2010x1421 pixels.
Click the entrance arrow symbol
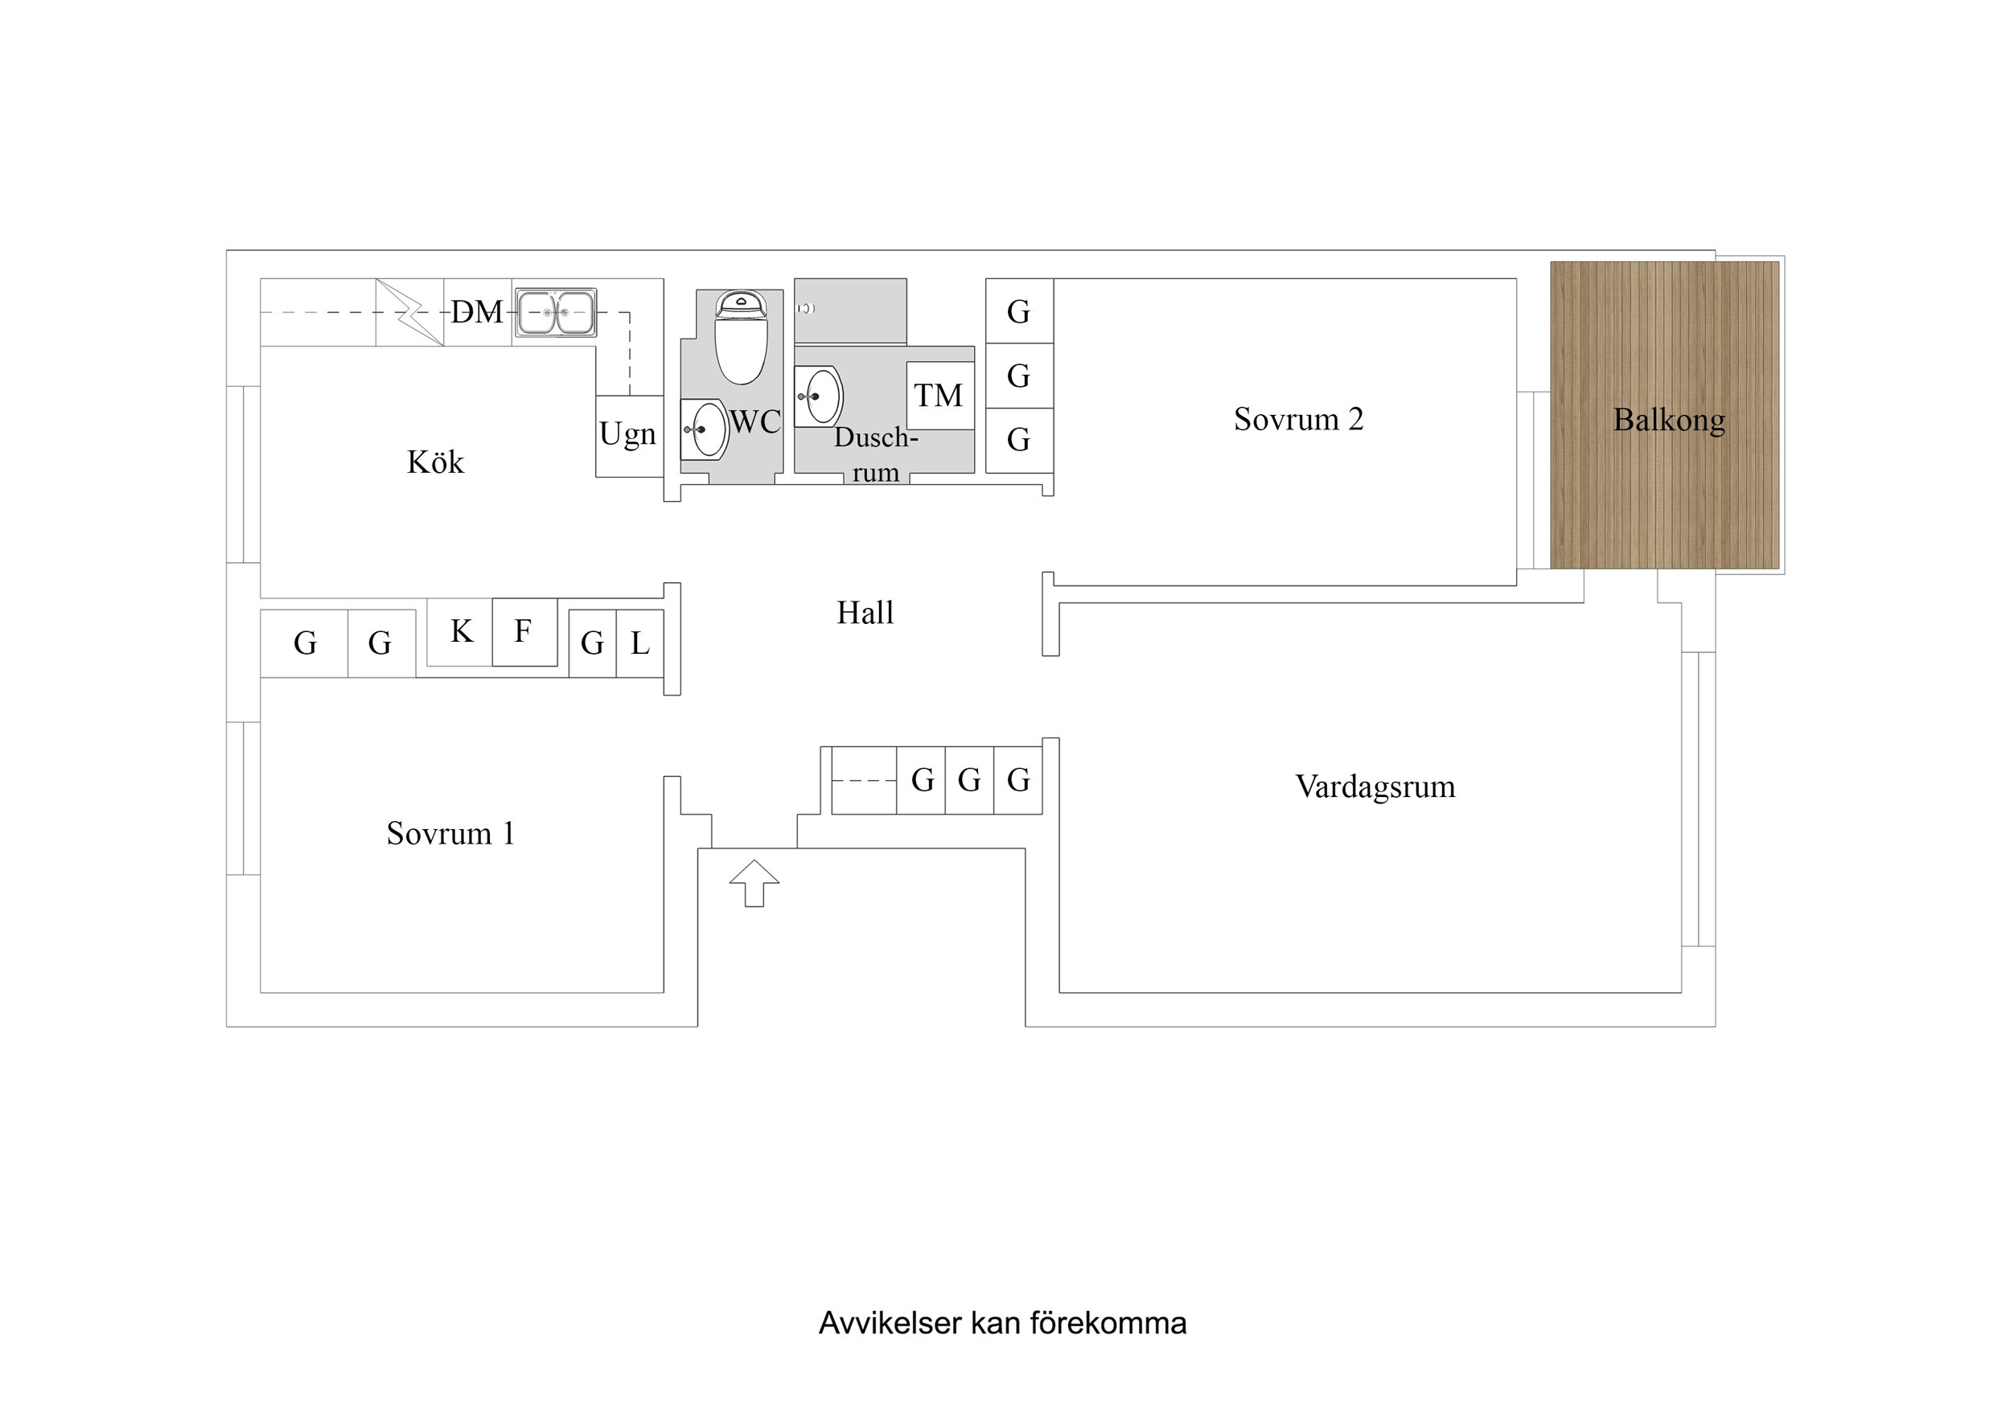[x=754, y=884]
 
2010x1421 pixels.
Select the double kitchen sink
[x=555, y=313]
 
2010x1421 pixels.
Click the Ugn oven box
[x=628, y=435]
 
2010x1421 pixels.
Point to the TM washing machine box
[x=939, y=396]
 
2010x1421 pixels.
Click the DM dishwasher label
[x=477, y=312]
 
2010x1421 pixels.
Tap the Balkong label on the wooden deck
[x=1669, y=421]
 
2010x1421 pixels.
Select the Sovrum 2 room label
[x=1298, y=419]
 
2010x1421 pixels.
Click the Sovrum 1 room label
[x=450, y=833]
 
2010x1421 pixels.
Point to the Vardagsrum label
[x=1375, y=786]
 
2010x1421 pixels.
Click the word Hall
[x=865, y=613]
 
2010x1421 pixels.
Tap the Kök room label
[x=435, y=462]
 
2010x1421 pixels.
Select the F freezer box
[x=524, y=631]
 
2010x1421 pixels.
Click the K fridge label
[x=462, y=631]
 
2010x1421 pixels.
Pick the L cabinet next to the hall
[x=640, y=643]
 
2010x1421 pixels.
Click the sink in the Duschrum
[x=820, y=396]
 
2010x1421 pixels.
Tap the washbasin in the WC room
[x=705, y=429]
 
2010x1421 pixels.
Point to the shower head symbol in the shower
[x=806, y=308]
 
